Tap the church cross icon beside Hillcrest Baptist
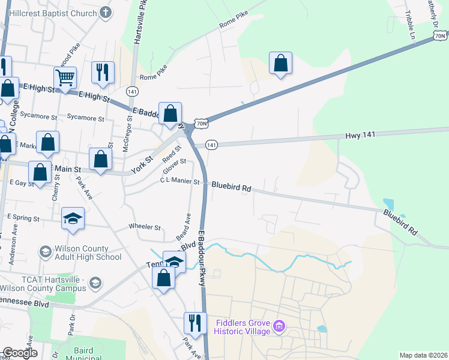tap(106, 13)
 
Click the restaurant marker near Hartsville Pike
tap(103, 72)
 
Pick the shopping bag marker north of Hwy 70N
tap(280, 62)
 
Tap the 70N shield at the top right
tap(441, 36)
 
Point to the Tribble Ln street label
tap(412, 25)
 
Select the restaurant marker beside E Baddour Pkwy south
tap(194, 322)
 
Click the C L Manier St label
tap(179, 181)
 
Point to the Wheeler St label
tap(145, 227)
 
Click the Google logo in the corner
tap(20, 353)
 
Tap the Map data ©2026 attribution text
tap(423, 355)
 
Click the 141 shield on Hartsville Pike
tap(133, 91)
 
